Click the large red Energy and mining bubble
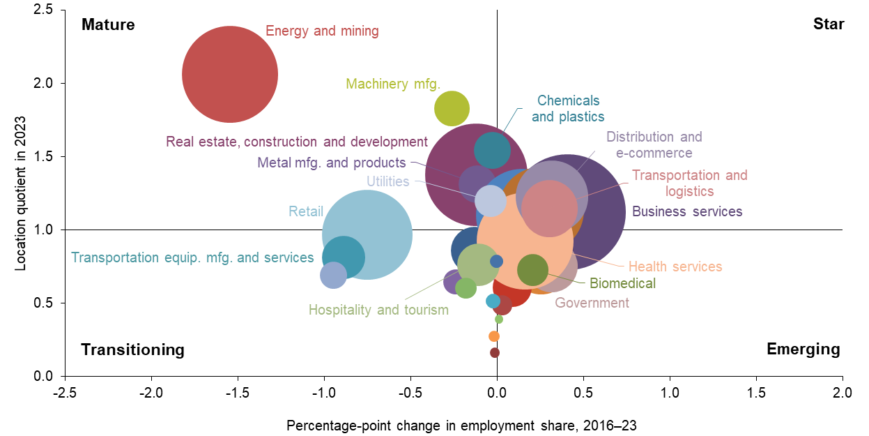[230, 74]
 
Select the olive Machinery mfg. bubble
[452, 109]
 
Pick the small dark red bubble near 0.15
[495, 352]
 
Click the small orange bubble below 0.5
[494, 336]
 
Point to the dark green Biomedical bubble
[533, 270]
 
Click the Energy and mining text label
[322, 31]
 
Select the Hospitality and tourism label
[378, 310]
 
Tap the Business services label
[687, 211]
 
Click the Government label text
[592, 303]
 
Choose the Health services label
[675, 266]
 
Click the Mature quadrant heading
[108, 24]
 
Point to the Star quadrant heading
[829, 24]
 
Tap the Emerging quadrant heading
[803, 349]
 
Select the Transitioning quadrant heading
[133, 349]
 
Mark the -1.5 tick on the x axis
[238, 393]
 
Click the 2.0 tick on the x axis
[843, 393]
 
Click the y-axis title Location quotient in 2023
[20, 193]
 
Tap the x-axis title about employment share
[462, 425]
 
